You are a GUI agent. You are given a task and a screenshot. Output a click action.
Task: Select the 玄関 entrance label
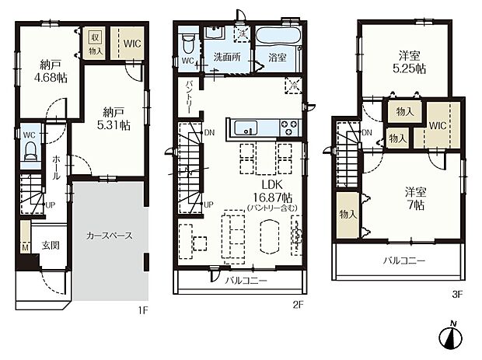click(x=50, y=245)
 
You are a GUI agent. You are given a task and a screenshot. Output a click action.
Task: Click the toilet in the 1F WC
click(x=31, y=153)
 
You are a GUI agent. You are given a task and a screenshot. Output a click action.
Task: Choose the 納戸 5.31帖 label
click(x=114, y=118)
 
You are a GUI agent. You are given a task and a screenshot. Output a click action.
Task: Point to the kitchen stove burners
click(x=288, y=126)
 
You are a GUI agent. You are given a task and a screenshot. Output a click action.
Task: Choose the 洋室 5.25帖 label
click(x=411, y=63)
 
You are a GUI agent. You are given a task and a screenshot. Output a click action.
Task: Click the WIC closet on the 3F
click(x=437, y=124)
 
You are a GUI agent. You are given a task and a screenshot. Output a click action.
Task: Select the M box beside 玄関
click(x=24, y=247)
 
